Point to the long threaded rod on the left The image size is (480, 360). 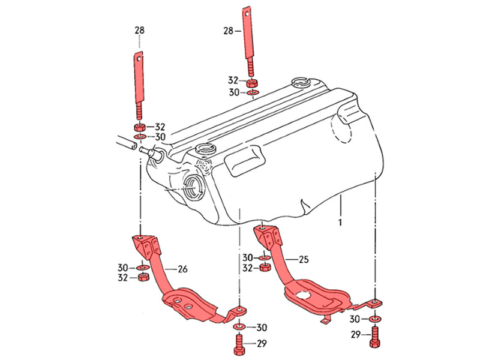pos(139,84)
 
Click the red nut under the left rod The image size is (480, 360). pos(139,127)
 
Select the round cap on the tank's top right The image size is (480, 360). pos(299,83)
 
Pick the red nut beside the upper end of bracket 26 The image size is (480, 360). pos(143,277)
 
